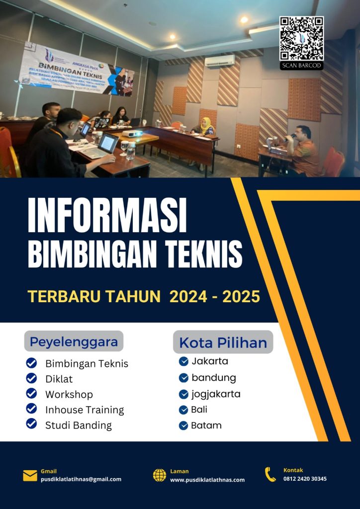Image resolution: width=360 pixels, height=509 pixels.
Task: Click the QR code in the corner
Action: pyautogui.click(x=301, y=38)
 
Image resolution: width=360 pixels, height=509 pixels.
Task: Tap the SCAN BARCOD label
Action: pyautogui.click(x=301, y=66)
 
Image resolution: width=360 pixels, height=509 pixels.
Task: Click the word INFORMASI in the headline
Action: pyautogui.click(x=107, y=216)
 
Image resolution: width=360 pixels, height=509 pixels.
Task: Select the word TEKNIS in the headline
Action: pyautogui.click(x=206, y=253)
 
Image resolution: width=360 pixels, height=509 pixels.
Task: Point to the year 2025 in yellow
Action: pyautogui.click(x=241, y=297)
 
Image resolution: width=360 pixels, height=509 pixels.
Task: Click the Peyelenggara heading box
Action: pyautogui.click(x=74, y=341)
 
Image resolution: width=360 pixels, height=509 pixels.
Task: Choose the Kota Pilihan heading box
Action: pyautogui.click(x=223, y=342)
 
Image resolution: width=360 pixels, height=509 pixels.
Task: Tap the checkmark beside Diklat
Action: pyautogui.click(x=31, y=378)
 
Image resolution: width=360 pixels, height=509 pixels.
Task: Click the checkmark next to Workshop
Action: pyautogui.click(x=31, y=394)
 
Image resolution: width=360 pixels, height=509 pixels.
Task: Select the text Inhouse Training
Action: pyautogui.click(x=85, y=410)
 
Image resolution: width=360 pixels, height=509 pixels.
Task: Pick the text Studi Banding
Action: pyautogui.click(x=79, y=425)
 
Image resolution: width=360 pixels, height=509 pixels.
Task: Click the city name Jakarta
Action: pyautogui.click(x=210, y=361)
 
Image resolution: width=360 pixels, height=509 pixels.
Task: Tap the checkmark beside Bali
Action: pyautogui.click(x=183, y=410)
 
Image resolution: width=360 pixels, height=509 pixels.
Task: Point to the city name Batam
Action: pyautogui.click(x=206, y=425)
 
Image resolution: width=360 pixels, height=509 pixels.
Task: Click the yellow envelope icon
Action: pyautogui.click(x=30, y=476)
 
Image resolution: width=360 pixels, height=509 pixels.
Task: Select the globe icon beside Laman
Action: pyautogui.click(x=160, y=475)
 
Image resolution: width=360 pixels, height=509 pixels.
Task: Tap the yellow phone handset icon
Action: pyautogui.click(x=270, y=474)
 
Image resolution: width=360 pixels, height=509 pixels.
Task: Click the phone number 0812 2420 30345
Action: pyautogui.click(x=305, y=479)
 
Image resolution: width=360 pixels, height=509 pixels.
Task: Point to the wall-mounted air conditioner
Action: pyautogui.click(x=219, y=61)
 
